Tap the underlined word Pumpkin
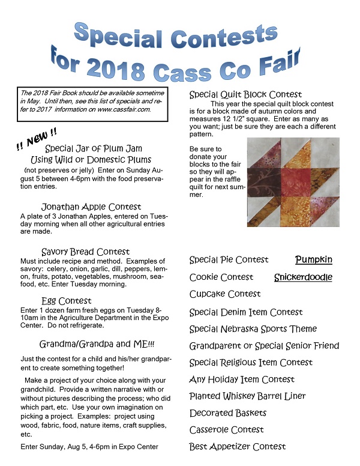pyautogui.click(x=314, y=260)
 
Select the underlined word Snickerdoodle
pyautogui.click(x=303, y=277)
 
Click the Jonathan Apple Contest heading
pyautogui.click(x=91, y=207)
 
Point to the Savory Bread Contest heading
pyautogui.click(x=86, y=252)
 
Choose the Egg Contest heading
pyautogui.click(x=67, y=300)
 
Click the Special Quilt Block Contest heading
pyautogui.click(x=245, y=95)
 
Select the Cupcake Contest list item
pyautogui.click(x=225, y=294)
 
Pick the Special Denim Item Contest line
pyautogui.click(x=246, y=312)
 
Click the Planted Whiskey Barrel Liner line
pyautogui.click(x=248, y=396)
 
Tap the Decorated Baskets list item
pyautogui.click(x=228, y=413)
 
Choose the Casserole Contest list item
pyautogui.click(x=227, y=430)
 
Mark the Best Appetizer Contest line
pyautogui.click(x=238, y=447)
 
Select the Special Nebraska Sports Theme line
pyautogui.click(x=253, y=329)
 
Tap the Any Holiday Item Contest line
pyautogui.click(x=242, y=380)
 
